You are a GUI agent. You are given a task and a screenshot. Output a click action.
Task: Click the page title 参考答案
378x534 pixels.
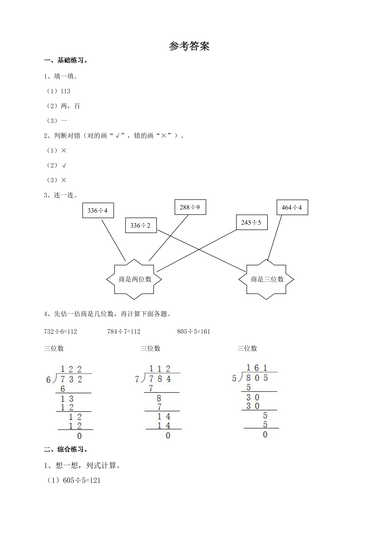pos(189,46)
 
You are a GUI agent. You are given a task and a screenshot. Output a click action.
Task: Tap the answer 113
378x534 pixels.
pos(66,91)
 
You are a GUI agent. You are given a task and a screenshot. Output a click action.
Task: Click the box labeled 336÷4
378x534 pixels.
pos(98,210)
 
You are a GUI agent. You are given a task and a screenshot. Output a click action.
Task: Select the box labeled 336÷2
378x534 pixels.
pos(141,225)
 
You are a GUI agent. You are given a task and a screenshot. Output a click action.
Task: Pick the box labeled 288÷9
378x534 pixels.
pos(190,207)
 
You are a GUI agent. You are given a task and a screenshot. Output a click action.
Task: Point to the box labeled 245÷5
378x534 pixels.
pos(252,223)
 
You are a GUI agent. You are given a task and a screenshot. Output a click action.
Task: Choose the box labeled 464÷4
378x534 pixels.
pos(292,207)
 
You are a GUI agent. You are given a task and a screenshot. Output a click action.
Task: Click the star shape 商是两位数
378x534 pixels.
pos(134,279)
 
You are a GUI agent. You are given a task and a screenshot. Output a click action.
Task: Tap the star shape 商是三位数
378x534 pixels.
pos(266,279)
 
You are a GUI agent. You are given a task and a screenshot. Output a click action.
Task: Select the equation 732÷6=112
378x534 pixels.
pos(60,331)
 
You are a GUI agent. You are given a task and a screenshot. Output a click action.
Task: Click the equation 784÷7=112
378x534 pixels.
pos(124,331)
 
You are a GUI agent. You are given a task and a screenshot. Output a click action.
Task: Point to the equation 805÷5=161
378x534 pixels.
pos(194,331)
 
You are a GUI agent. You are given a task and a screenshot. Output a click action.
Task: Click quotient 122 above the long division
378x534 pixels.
pos(71,369)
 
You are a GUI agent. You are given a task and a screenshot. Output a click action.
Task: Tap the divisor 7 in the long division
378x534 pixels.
pos(137,379)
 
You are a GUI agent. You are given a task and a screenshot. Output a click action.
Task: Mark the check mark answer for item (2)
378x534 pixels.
pos(64,165)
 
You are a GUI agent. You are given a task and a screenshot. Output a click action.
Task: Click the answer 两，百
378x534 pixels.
pos(70,106)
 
